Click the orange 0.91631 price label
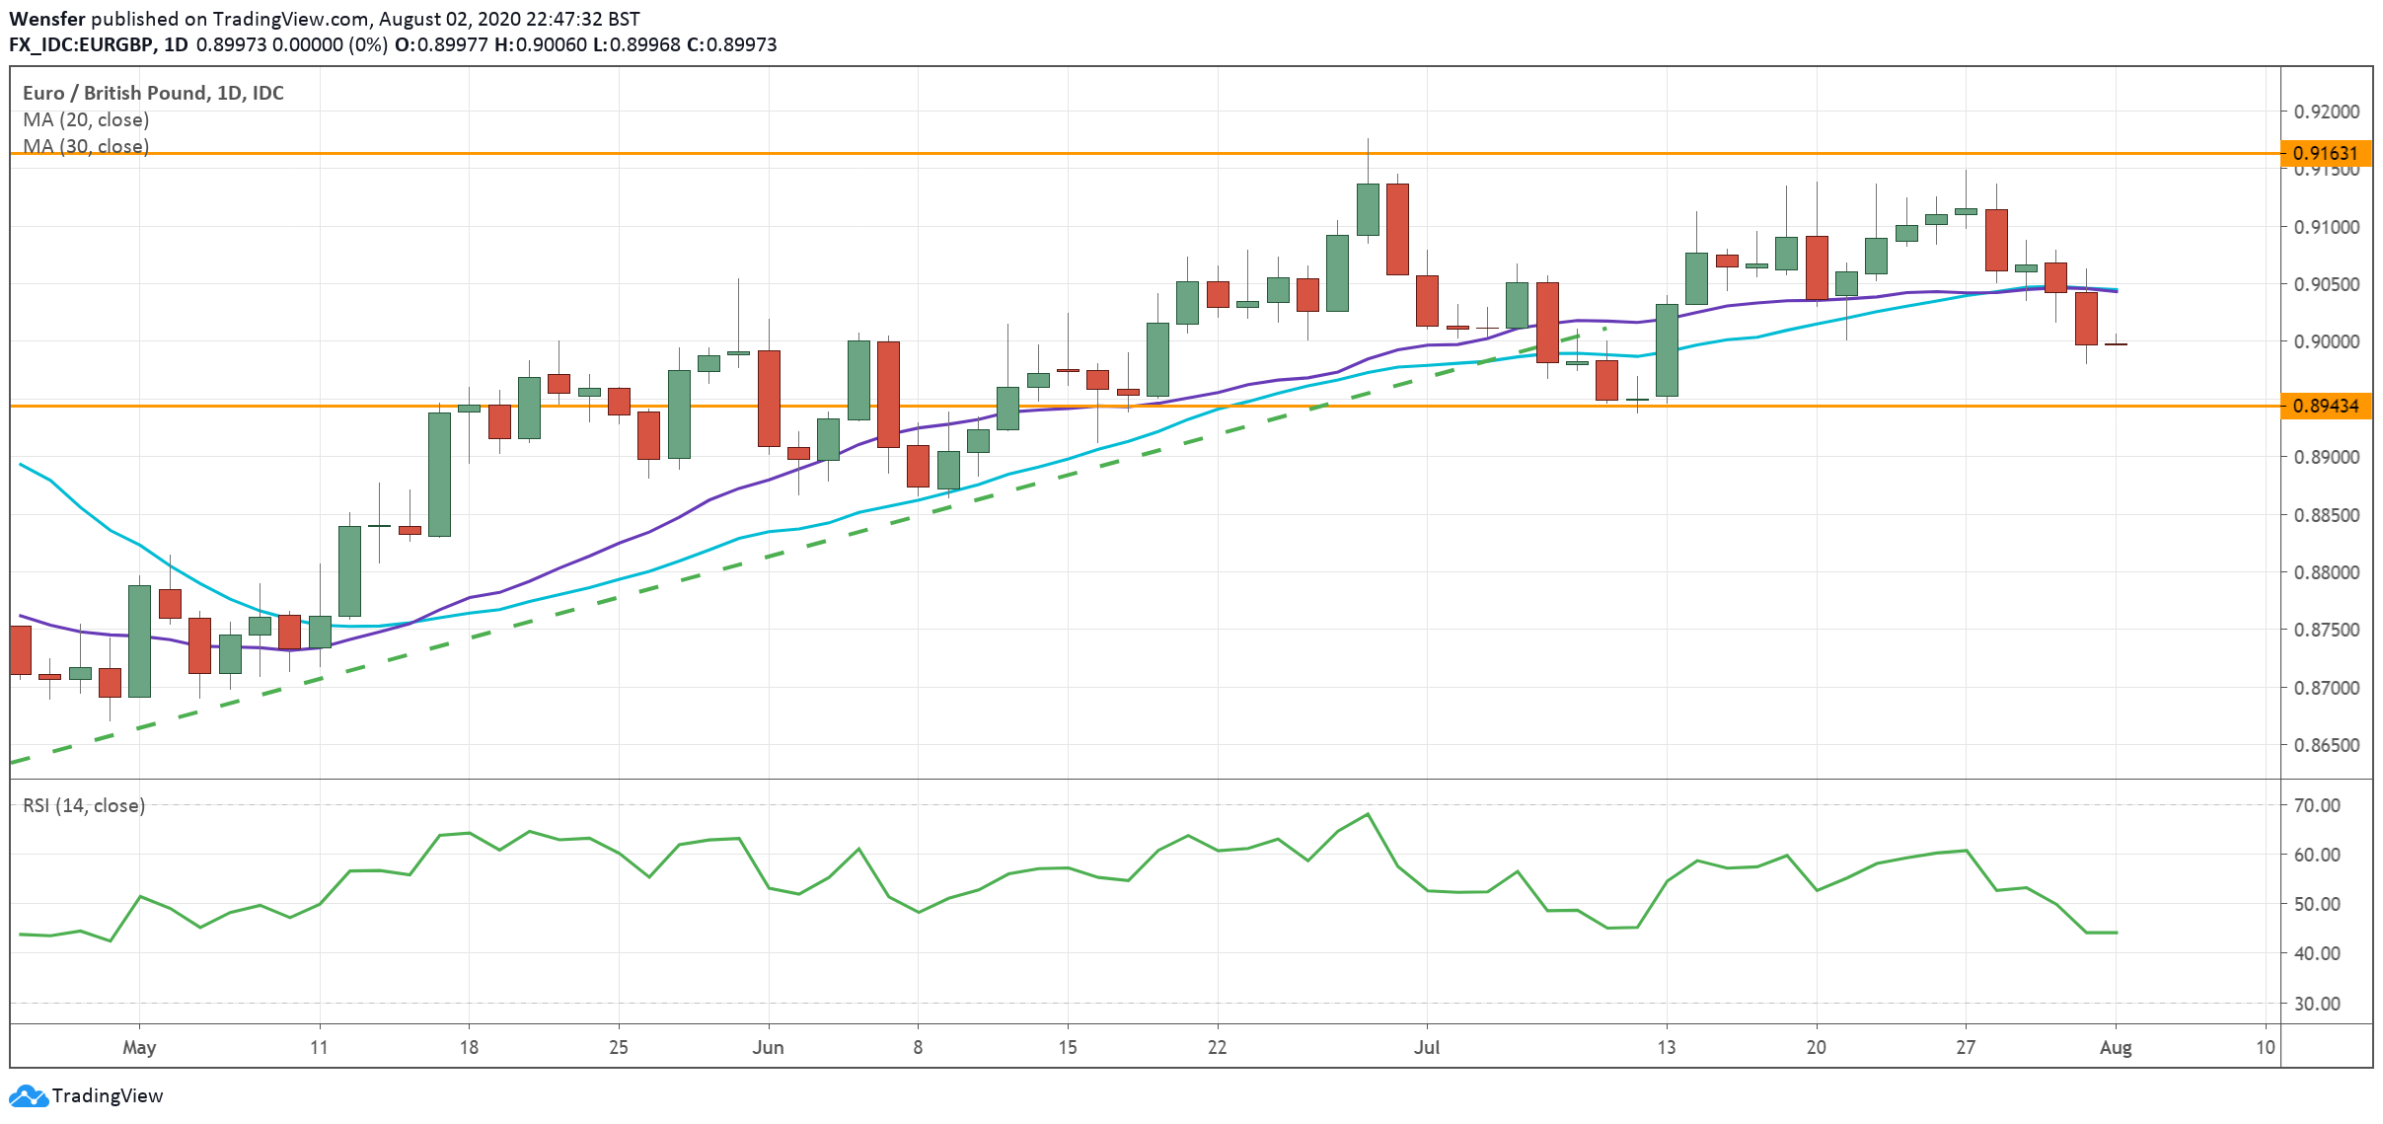[2325, 153]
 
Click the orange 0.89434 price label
[2325, 406]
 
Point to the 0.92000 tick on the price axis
[2326, 112]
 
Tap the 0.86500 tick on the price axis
[2326, 745]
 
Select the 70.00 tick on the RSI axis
[2316, 805]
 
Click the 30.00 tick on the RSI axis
[2316, 1004]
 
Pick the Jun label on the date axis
[768, 1047]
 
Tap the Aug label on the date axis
[2116, 1047]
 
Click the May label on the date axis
[139, 1047]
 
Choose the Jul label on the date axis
[1427, 1047]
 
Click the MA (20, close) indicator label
[86, 119]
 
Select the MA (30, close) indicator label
[86, 146]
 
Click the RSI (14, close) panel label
[84, 805]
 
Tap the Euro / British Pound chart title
[153, 93]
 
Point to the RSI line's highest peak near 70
[1368, 814]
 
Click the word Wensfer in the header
[46, 19]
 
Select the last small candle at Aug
[2116, 343]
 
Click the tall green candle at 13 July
[1667, 350]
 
